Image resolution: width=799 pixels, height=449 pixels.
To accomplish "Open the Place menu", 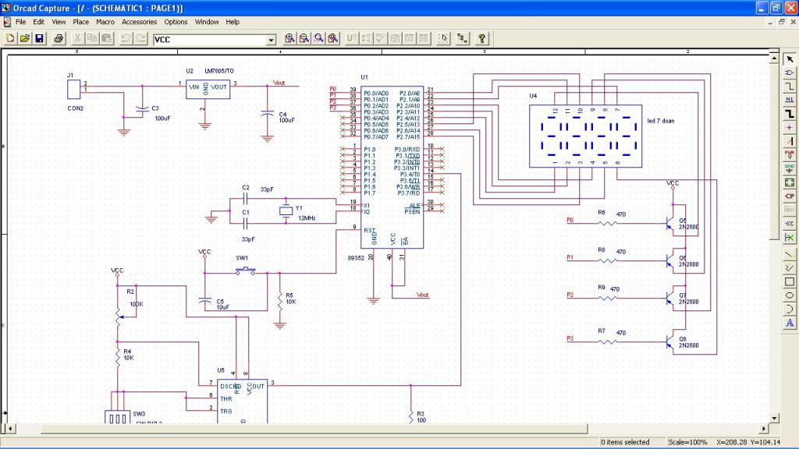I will click(x=81, y=22).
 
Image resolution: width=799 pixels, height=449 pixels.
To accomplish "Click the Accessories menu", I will click(x=139, y=22).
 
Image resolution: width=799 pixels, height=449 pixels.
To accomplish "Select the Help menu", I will click(x=233, y=22).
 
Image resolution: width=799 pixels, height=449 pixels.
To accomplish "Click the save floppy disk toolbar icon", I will click(x=39, y=38).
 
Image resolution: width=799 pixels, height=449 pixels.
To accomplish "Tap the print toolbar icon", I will click(x=59, y=38).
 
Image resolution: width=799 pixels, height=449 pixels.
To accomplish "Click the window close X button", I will click(x=790, y=7).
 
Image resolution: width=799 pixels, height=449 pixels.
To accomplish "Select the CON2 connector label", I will click(x=75, y=108).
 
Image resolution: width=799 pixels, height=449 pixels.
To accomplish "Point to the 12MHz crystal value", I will click(x=306, y=218).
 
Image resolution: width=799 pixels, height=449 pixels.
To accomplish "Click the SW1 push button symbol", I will click(x=247, y=271).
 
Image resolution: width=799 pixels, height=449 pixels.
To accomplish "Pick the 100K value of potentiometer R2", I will click(x=136, y=303).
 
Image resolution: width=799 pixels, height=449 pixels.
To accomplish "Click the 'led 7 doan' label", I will click(x=662, y=122).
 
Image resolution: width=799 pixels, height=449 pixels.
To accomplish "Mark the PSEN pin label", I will click(x=411, y=210).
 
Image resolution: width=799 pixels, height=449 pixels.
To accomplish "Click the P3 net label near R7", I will click(x=570, y=338).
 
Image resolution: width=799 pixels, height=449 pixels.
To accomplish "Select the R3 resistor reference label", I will click(x=420, y=413).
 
